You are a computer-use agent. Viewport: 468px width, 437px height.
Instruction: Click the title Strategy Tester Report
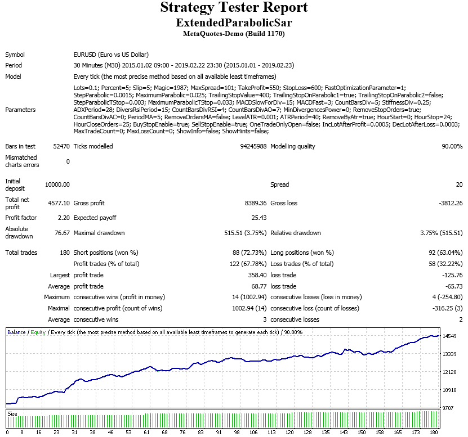[234, 8]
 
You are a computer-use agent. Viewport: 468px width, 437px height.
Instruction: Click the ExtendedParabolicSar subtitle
[234, 23]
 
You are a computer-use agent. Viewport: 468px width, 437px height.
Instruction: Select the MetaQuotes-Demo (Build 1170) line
[234, 34]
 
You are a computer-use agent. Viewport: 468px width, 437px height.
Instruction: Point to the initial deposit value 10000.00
[57, 184]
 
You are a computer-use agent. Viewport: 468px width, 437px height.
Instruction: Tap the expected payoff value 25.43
[258, 218]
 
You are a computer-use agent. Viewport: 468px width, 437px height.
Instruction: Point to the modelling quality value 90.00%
[448, 147]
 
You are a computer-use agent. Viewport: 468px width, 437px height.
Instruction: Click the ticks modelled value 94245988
[253, 147]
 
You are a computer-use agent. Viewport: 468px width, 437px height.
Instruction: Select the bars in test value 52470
[60, 147]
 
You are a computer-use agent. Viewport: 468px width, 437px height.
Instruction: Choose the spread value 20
[458, 184]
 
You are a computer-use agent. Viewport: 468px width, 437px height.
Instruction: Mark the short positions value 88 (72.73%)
[245, 253]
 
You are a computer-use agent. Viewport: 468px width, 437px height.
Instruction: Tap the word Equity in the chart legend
[38, 332]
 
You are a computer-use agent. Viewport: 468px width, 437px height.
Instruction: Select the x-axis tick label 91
[219, 433]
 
